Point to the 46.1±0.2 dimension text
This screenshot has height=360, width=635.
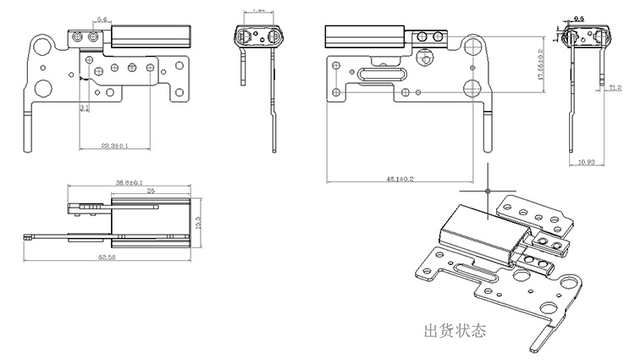[400, 180]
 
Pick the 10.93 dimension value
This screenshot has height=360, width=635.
[586, 160]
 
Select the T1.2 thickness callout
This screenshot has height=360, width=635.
[616, 86]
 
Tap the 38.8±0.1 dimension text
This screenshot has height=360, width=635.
[129, 183]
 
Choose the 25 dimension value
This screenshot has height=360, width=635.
[149, 191]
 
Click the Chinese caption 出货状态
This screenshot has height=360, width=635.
[456, 329]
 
